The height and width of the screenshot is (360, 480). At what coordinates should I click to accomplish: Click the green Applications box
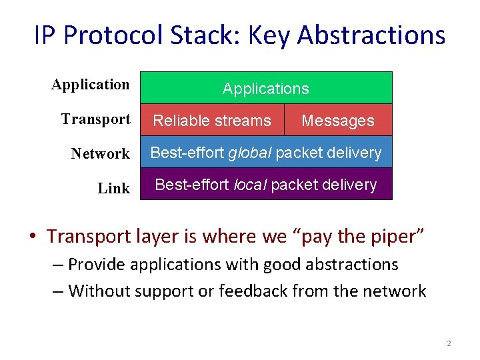[265, 88]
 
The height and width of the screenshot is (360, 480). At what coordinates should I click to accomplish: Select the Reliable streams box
[212, 121]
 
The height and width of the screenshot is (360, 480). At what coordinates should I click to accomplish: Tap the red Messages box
[338, 121]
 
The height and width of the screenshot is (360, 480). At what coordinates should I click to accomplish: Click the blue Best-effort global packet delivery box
[265, 153]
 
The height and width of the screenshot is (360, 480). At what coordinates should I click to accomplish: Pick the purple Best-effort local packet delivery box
[265, 185]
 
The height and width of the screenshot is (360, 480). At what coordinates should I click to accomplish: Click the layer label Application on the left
[90, 85]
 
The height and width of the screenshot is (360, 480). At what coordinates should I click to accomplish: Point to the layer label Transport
[95, 119]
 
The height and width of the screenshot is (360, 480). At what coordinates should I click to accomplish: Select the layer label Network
[100, 154]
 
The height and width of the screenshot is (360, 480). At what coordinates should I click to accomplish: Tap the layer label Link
[113, 189]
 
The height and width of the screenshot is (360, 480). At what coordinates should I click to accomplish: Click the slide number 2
[449, 343]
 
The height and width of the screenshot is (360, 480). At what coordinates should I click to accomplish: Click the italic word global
[249, 153]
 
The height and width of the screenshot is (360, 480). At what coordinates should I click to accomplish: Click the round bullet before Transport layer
[33, 237]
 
